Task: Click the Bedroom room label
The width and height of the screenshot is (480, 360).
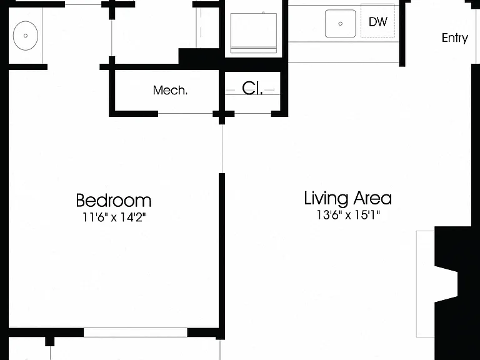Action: pos(114,201)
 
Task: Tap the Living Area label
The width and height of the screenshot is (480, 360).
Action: pos(347,198)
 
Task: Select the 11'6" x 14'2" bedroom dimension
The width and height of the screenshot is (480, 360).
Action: pos(114,217)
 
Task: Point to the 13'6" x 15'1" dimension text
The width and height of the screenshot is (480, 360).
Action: pos(348,215)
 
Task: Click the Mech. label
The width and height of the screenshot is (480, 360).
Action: pos(170,90)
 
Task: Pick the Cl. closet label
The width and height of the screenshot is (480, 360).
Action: pos(252,89)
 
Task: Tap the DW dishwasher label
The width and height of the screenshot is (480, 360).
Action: pos(378,22)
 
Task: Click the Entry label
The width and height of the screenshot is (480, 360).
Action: pos(455,38)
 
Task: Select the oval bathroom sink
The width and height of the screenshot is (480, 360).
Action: pos(26,36)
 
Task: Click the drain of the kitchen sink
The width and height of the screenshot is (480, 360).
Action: pos(341,24)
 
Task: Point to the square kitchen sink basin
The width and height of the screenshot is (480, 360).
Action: pos(341,24)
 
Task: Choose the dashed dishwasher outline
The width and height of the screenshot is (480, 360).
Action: pos(377,21)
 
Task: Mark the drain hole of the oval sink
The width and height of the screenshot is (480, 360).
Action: pos(26,36)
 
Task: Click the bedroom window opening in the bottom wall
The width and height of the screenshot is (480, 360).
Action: pos(135,332)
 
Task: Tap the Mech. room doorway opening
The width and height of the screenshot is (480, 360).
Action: pos(185,114)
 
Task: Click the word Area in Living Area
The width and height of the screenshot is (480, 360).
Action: pos(372,198)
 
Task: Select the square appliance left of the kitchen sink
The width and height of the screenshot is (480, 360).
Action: pos(254,33)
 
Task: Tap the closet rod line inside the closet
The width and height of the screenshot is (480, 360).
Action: pos(252,90)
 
